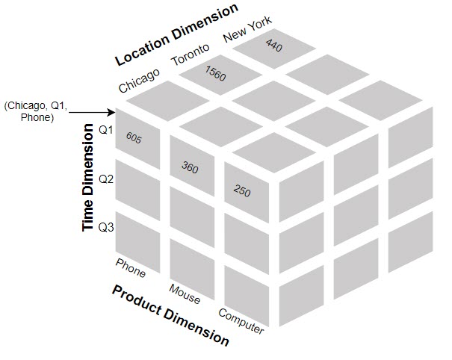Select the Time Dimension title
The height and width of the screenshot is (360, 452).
[x=89, y=179]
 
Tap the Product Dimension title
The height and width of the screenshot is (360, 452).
[x=170, y=314]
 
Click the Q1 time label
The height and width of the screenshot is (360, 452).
[x=106, y=130]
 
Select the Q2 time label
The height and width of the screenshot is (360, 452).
[x=106, y=179]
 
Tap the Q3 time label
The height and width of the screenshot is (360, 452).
[x=106, y=227]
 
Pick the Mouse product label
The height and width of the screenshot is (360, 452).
[x=185, y=294]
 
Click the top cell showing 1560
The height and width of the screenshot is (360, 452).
[x=215, y=74]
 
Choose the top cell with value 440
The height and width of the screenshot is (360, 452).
[x=273, y=46]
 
